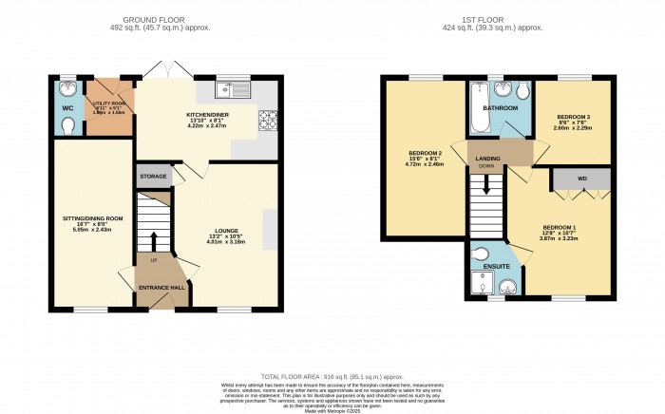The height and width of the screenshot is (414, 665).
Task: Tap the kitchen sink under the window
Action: tap(231, 91)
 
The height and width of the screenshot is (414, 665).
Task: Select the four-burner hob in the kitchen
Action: tap(268, 121)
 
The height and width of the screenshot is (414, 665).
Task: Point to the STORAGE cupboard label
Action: tap(154, 177)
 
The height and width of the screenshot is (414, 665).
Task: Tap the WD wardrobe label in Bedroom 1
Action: tap(581, 179)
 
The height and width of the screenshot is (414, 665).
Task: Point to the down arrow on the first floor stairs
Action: tap(488, 184)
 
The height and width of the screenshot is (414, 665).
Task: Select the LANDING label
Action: tap(488, 158)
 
